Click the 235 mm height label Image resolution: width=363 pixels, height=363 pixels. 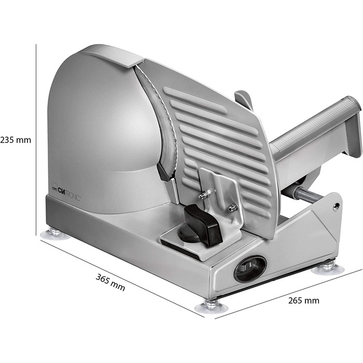click(16, 140)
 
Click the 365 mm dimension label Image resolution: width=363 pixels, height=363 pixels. click(110, 282)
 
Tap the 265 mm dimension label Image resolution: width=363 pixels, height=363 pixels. click(304, 300)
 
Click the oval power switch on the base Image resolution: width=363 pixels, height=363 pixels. click(250, 269)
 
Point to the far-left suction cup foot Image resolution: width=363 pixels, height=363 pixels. click(55, 233)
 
